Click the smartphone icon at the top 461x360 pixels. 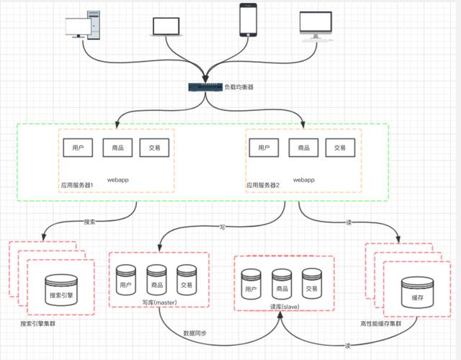pyautogui.click(x=249, y=21)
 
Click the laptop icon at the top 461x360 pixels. pyautogui.click(x=167, y=27)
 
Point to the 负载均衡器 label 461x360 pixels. pyautogui.click(x=238, y=87)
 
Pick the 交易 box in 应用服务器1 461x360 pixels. pyautogui.click(x=155, y=148)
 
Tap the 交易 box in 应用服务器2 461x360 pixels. pyautogui.click(x=340, y=148)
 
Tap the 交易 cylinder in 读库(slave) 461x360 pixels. pyautogui.click(x=311, y=284)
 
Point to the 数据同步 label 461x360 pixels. pyautogui.click(x=194, y=333)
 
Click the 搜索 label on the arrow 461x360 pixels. pyautogui.click(x=89, y=221)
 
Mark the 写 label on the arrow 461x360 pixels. pyautogui.click(x=222, y=228)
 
